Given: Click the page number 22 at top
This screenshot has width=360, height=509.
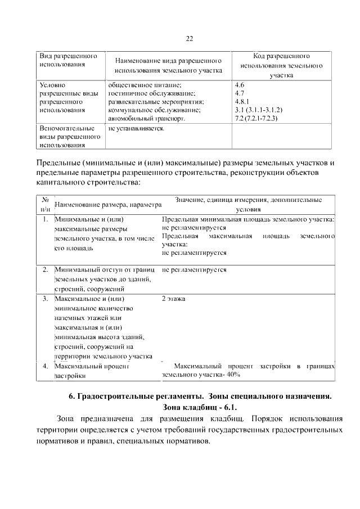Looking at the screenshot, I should coord(189,38).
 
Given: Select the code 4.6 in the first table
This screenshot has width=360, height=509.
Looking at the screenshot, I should coord(239,84).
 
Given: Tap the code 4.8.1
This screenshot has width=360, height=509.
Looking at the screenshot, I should coord(242,102).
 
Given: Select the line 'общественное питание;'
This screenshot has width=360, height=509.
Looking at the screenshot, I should coord(144,84).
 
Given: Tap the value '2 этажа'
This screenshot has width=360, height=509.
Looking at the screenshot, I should coord(173,299).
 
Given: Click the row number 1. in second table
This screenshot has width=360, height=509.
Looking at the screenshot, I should coord(45,219).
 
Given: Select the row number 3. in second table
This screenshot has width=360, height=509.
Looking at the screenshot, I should coord(45,299).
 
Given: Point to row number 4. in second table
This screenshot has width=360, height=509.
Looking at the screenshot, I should coord(45,366).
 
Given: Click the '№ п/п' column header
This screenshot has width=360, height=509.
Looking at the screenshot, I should coord(45,204).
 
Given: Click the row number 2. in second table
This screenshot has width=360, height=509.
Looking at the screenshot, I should coord(45,270).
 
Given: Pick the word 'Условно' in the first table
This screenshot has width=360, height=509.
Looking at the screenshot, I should coord(52,84).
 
